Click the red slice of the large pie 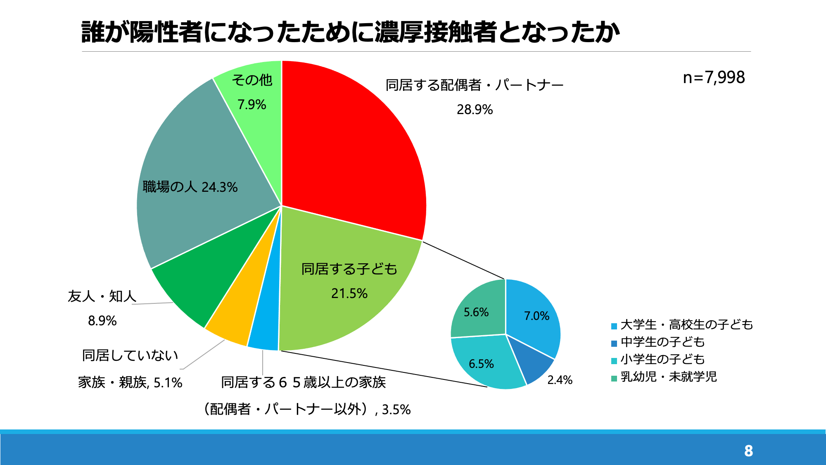(x=351, y=145)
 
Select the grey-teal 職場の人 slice (x=198, y=174)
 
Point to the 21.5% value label (x=349, y=293)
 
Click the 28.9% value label (x=475, y=110)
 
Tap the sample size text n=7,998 (x=714, y=77)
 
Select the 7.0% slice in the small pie (x=533, y=316)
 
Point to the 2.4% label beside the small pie (x=560, y=380)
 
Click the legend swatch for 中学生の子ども (x=614, y=343)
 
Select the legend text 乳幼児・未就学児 (x=669, y=377)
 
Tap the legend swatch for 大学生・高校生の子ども (x=614, y=326)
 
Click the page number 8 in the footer (x=748, y=451)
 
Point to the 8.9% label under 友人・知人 (x=102, y=321)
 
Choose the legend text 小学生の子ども (x=662, y=360)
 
